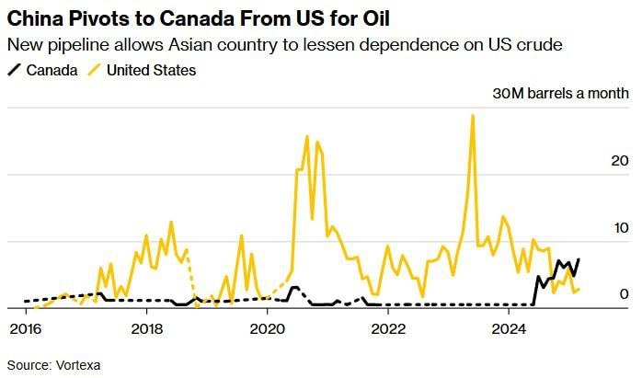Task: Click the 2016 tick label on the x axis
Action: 24,327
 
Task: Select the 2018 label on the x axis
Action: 146,327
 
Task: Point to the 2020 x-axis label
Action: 268,327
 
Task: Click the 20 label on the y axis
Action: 620,160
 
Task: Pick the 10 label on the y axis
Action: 620,227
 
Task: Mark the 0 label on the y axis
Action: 624,293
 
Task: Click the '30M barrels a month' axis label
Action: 561,93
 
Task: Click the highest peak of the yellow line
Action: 473,116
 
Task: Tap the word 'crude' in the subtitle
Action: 537,45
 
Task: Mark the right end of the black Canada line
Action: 579,259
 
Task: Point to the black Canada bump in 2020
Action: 294,288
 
